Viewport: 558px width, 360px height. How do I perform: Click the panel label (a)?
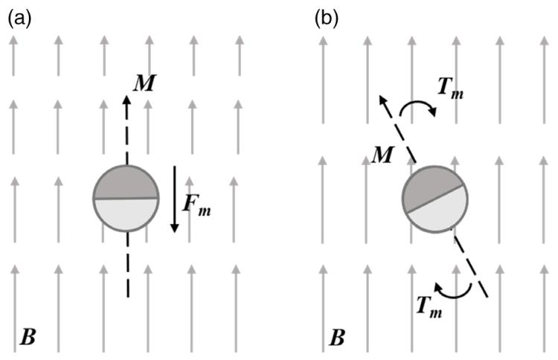coord(19,19)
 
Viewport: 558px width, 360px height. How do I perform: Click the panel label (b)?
coord(327,19)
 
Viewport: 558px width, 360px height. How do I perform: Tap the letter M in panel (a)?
coord(144,83)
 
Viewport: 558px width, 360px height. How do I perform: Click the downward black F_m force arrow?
coord(174,199)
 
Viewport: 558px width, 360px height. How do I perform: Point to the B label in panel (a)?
coord(28,336)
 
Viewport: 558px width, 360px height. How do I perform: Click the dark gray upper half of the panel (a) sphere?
coord(126,182)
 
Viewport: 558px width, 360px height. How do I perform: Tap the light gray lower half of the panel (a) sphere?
coord(126,214)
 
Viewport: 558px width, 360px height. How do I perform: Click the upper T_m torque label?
coord(451,88)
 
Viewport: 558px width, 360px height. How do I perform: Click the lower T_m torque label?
coord(429,306)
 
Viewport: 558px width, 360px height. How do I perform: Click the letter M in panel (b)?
coord(382,155)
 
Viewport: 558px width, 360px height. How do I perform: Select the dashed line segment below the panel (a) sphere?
coord(127,264)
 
